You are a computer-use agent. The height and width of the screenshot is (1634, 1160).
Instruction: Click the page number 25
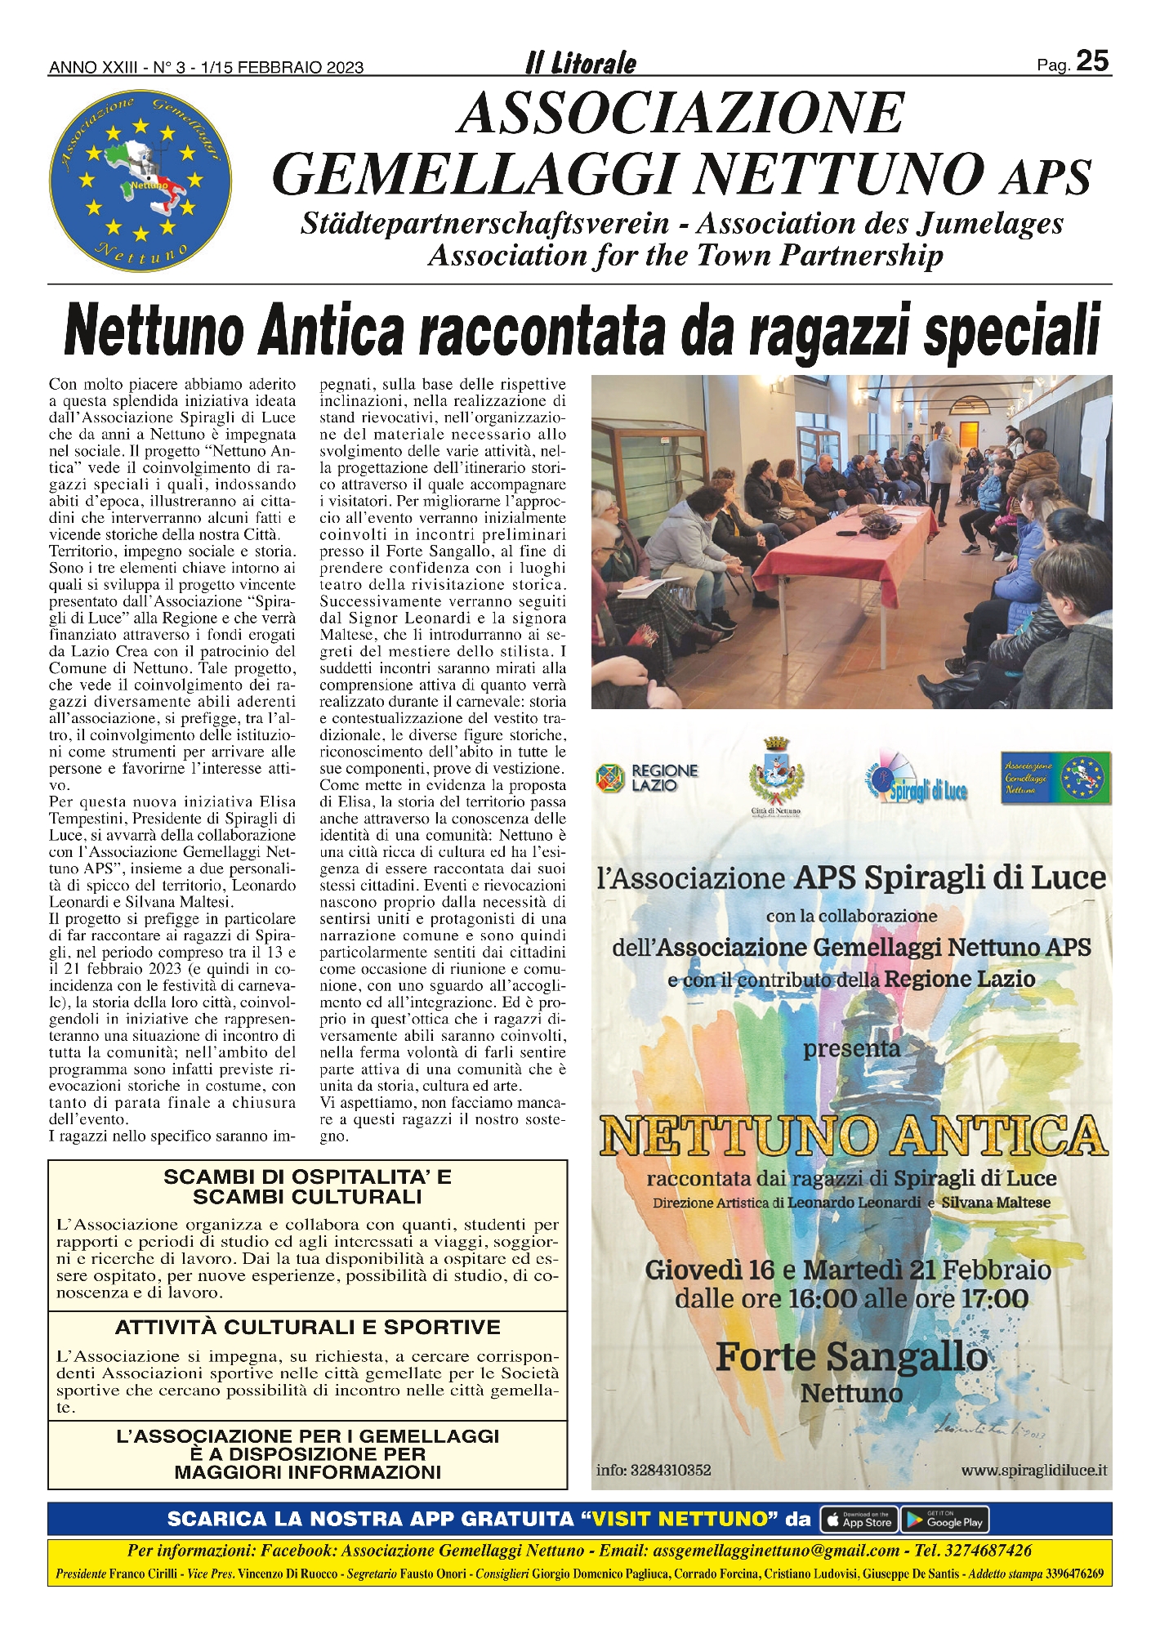pyautogui.click(x=1091, y=61)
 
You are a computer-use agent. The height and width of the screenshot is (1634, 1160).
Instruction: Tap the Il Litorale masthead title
pyautogui.click(x=581, y=63)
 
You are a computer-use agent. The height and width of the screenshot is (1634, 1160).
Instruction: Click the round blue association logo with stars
pyautogui.click(x=140, y=181)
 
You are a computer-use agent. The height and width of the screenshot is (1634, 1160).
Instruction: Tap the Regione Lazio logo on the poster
pyautogui.click(x=648, y=777)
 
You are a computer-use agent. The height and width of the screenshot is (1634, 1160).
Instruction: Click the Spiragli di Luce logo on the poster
pyautogui.click(x=914, y=780)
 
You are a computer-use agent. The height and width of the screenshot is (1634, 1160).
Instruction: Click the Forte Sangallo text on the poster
pyautogui.click(x=851, y=1357)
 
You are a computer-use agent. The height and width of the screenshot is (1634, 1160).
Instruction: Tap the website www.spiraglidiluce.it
pyautogui.click(x=1033, y=1470)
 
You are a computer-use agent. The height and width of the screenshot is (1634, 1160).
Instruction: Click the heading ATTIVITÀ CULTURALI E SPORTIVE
pyautogui.click(x=307, y=1328)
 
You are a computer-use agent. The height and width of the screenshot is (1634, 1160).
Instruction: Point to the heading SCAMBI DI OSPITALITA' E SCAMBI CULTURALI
pyautogui.click(x=307, y=1187)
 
